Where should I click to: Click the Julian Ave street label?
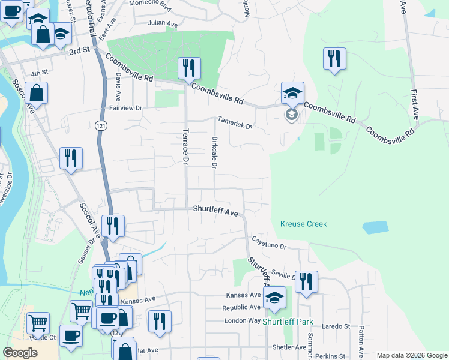pos(163,25)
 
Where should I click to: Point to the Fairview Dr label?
pos(125,108)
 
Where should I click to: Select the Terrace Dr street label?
pos(185,146)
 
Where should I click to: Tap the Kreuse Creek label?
pos(303,224)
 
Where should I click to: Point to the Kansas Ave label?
pos(243,295)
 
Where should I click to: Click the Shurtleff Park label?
pos(288,322)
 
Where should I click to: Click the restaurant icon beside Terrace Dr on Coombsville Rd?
pos(189,69)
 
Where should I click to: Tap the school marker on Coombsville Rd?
pos(292,94)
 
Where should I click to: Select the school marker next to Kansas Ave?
pos(274,298)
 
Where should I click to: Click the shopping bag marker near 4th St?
pos(36,94)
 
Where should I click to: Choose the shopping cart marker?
pos(38,323)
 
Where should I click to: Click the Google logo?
pos(20,353)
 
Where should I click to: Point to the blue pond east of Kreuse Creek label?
pos(375,227)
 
